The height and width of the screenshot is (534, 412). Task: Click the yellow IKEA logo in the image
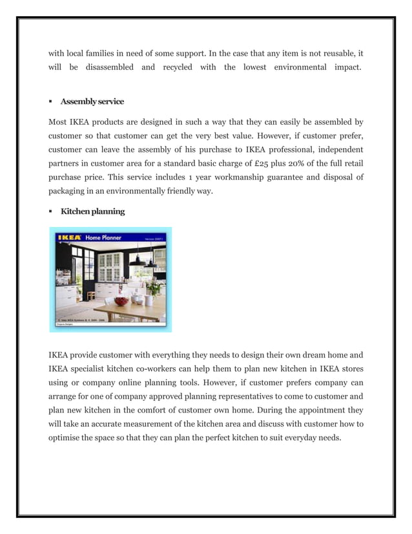[x=69, y=237]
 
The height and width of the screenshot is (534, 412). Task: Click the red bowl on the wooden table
[x=121, y=301]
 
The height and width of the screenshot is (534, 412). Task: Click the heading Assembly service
[x=92, y=101]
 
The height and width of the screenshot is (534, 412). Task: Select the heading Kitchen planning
[x=92, y=211]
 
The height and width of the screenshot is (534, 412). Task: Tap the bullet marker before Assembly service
[x=50, y=102]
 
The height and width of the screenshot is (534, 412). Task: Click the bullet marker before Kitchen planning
[x=50, y=212]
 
